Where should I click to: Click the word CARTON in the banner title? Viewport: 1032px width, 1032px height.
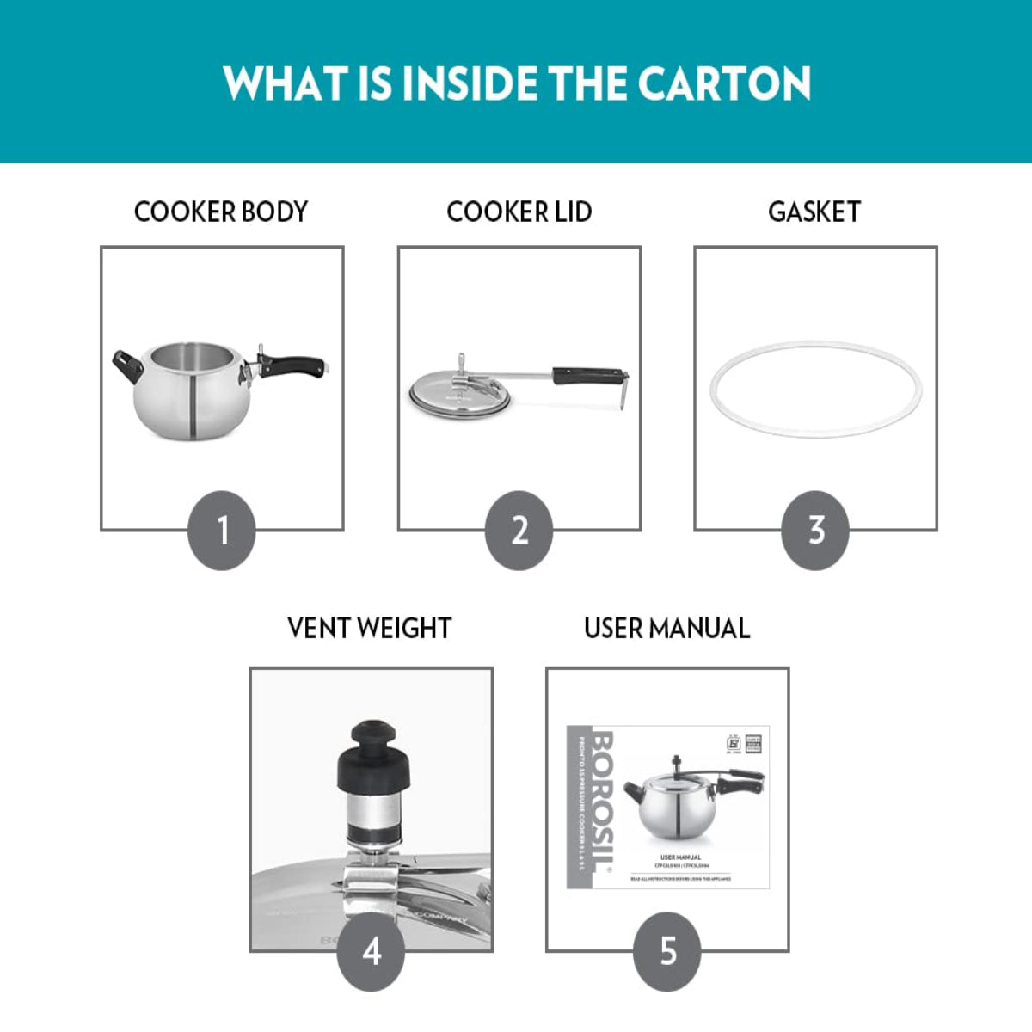(724, 83)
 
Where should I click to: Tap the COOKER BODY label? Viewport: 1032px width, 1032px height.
(221, 212)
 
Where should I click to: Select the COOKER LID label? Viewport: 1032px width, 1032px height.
(519, 212)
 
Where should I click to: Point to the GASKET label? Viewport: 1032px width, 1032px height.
(814, 212)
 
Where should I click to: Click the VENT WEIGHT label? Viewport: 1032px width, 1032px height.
(369, 628)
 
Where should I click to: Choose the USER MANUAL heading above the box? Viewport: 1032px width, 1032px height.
(666, 628)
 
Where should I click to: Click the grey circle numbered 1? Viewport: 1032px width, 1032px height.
(222, 530)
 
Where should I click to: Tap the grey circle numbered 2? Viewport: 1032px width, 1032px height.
(519, 530)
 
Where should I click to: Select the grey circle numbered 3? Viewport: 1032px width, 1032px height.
(815, 530)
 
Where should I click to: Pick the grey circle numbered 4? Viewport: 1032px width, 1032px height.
(371, 951)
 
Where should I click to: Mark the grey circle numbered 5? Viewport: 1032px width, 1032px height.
(667, 951)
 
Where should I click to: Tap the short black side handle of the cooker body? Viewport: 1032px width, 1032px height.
(127, 367)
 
